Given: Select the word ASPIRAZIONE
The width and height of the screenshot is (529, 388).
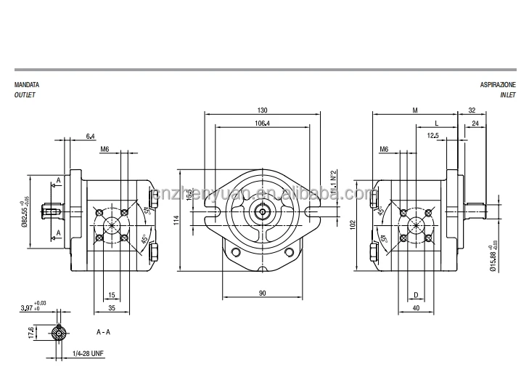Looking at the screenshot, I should point(497,85).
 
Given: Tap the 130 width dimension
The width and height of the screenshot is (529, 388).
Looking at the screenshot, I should point(262,110).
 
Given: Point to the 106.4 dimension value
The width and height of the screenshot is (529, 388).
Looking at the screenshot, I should point(262,123).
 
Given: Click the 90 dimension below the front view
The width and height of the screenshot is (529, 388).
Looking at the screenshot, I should point(262,293).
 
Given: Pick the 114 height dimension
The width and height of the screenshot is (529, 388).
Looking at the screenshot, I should point(176,220).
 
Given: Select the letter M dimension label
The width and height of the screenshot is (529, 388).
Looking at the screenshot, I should point(414,110).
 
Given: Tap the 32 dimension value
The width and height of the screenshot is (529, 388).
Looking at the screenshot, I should point(472,110).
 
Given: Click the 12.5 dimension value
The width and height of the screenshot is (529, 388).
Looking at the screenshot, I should point(432,135).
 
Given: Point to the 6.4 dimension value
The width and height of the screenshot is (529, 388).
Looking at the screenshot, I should point(90,136).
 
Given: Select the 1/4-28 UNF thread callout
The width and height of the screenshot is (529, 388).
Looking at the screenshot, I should point(88,353).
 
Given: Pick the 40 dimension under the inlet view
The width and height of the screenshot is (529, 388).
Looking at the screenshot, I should point(415,307).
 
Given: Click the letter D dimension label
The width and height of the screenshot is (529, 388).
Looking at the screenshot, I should point(415,294).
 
